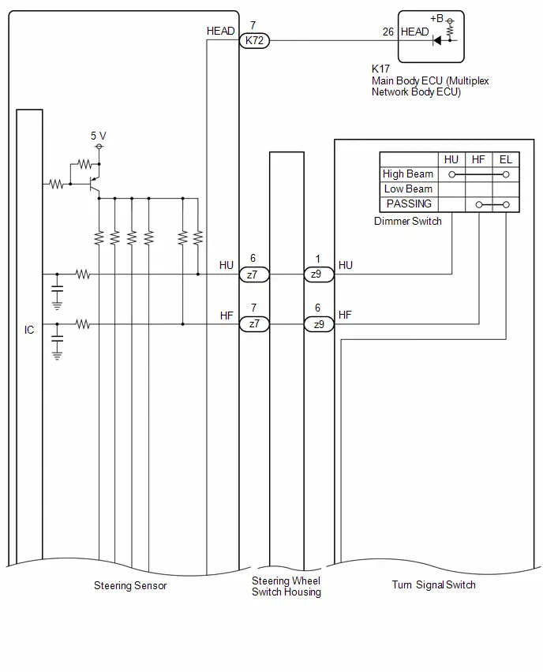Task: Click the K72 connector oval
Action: click(254, 41)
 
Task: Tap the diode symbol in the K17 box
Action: click(437, 41)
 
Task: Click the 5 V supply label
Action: click(98, 136)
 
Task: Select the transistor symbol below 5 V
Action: click(94, 185)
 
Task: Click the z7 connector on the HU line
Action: click(254, 274)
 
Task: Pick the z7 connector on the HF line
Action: click(254, 324)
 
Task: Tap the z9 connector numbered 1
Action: click(319, 274)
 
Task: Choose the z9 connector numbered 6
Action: click(319, 324)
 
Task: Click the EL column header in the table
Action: click(506, 160)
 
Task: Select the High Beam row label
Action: click(408, 174)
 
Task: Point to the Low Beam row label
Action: click(408, 189)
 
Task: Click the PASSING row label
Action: click(409, 203)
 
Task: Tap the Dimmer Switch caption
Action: click(408, 221)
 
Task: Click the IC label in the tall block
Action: click(29, 330)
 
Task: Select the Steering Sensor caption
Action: click(130, 585)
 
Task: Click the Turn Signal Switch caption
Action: click(433, 584)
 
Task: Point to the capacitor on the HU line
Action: click(57, 289)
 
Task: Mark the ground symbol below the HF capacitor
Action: click(57, 355)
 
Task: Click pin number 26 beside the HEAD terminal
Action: click(388, 32)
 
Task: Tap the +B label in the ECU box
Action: click(436, 18)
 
